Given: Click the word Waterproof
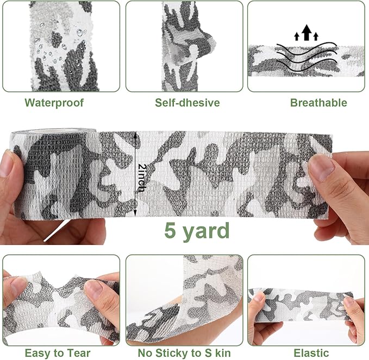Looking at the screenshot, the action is (54, 103).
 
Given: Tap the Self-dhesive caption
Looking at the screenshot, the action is (187, 103).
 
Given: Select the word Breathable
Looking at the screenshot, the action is (318, 103).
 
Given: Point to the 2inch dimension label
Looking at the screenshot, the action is (142, 178).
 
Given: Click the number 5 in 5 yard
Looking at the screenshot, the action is (170, 230).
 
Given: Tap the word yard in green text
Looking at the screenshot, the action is (206, 231).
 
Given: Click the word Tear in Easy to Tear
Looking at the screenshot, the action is (79, 353).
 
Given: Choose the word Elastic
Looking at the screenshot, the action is (311, 353).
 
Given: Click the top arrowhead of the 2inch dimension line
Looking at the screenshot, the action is (135, 134).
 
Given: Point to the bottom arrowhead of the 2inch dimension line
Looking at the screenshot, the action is (135, 213).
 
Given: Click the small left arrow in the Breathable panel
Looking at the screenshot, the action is (297, 36).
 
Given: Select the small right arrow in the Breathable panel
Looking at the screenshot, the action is (316, 36).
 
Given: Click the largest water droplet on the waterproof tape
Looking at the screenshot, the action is (80, 33).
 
